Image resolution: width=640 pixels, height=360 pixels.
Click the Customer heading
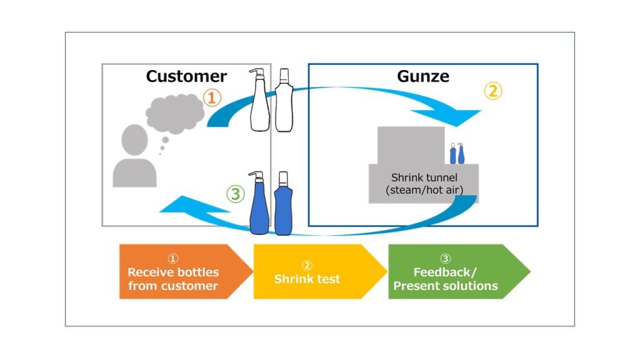[186, 76]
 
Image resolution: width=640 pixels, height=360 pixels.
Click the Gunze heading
[422, 76]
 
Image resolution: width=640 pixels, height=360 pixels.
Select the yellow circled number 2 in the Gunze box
[492, 91]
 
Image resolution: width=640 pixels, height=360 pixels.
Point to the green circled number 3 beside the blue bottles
[235, 194]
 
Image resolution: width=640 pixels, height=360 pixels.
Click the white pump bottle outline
[259, 103]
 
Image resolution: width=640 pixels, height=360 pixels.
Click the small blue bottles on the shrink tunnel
[457, 154]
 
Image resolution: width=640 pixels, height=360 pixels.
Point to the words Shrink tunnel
[424, 177]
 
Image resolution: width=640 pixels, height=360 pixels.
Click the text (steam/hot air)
[424, 189]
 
